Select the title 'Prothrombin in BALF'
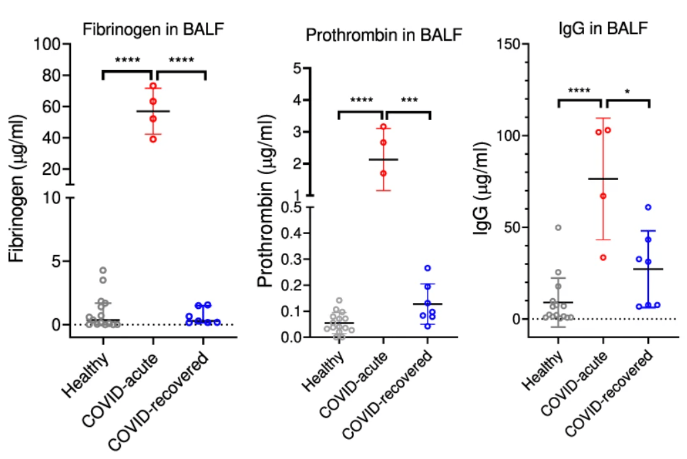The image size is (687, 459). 384,35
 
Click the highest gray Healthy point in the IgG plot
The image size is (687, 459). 559,227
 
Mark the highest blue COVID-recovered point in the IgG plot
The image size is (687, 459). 648,207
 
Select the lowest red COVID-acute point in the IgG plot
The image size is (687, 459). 603,257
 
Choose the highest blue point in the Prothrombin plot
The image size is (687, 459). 428,268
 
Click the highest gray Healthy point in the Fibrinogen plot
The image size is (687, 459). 103,270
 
